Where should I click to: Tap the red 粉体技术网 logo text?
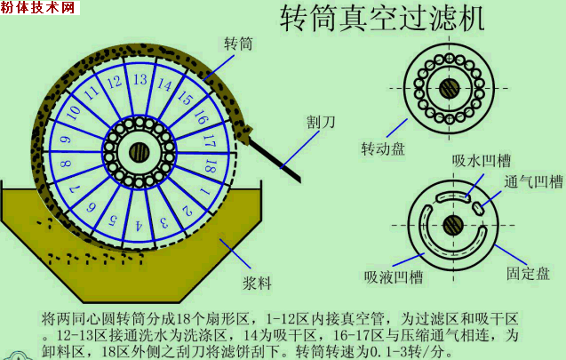40,8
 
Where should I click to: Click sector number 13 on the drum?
139,80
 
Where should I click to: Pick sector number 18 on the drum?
211,164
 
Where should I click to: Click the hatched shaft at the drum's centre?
138,152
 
